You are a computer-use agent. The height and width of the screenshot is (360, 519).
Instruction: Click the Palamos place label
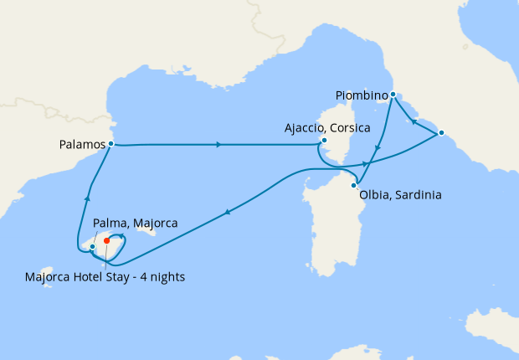pyautogui.click(x=83, y=144)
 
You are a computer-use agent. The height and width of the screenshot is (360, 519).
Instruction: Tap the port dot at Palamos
pyautogui.click(x=111, y=144)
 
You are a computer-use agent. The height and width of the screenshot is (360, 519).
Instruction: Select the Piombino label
pyautogui.click(x=362, y=95)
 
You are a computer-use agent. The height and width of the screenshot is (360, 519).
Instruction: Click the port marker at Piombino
pyautogui.click(x=393, y=95)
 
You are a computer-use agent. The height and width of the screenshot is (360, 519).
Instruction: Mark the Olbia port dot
pyautogui.click(x=354, y=185)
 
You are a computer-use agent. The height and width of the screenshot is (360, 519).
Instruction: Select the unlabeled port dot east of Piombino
pyautogui.click(x=441, y=133)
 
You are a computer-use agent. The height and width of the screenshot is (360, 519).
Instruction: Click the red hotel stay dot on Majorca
pyautogui.click(x=106, y=241)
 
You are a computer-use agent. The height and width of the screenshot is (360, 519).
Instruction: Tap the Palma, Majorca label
pyautogui.click(x=135, y=224)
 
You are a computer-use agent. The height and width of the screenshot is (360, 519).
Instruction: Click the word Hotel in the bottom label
pyautogui.click(x=107, y=277)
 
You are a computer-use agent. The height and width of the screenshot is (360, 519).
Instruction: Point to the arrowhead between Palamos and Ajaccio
pyautogui.click(x=219, y=145)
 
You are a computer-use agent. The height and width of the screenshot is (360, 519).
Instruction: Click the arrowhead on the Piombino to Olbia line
pyautogui.click(x=378, y=150)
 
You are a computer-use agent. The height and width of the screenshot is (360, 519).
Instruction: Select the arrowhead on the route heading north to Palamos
pyautogui.click(x=87, y=198)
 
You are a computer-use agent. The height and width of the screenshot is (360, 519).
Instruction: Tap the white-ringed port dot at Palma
pyautogui.click(x=92, y=246)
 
